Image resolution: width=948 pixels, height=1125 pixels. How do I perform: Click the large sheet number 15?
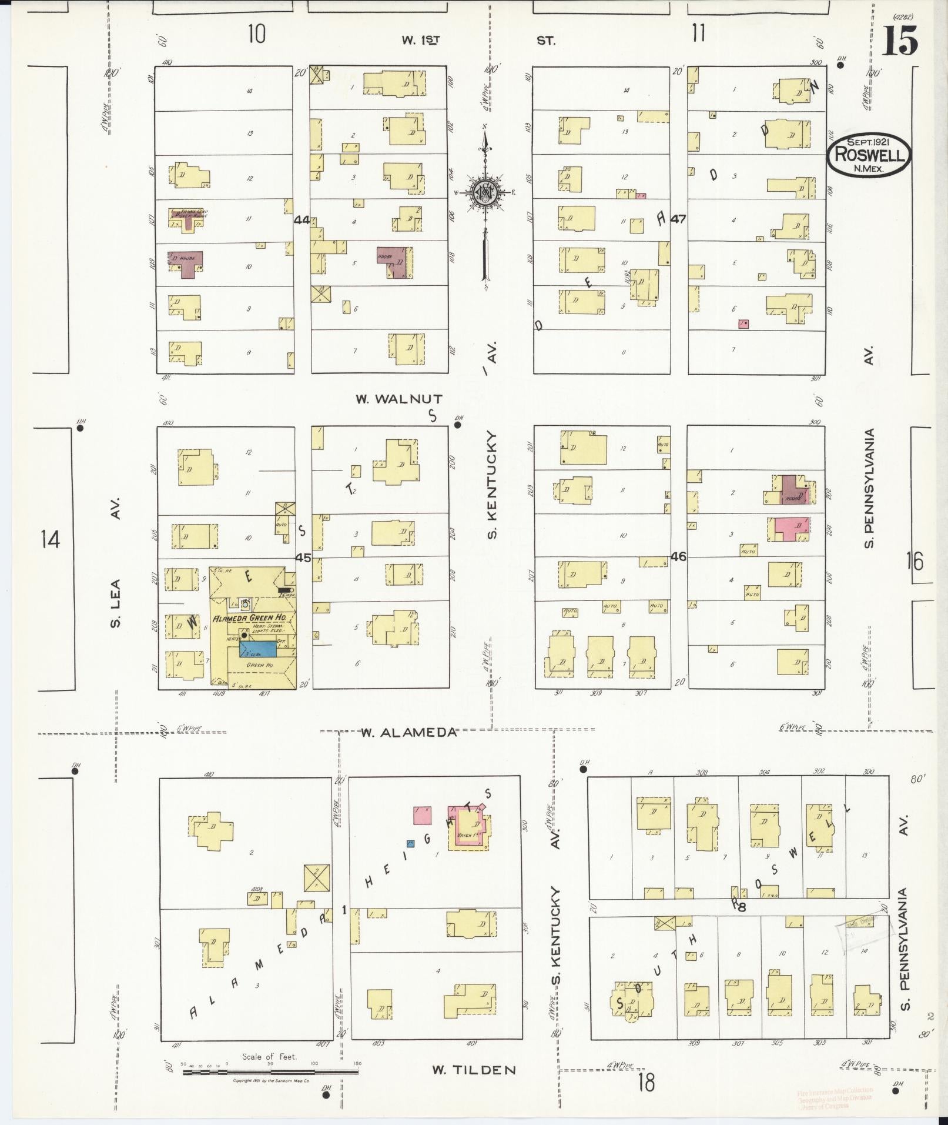[x=899, y=41]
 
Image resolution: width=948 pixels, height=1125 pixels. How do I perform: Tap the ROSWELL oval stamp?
[x=869, y=155]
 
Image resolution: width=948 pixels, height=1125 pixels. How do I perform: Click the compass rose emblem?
[x=485, y=192]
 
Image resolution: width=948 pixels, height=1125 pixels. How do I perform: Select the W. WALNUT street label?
[x=399, y=399]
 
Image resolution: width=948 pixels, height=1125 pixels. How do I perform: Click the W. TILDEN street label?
[x=474, y=1070]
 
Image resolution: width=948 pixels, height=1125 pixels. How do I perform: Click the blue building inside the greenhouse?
[x=259, y=649]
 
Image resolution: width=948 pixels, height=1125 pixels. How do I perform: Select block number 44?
[x=302, y=220]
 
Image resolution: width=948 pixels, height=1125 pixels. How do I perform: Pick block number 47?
[x=678, y=219]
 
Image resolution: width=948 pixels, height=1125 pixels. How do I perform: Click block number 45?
[x=303, y=558]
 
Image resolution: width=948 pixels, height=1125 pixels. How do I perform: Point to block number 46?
[x=678, y=556]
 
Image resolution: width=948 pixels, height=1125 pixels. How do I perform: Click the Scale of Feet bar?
[x=270, y=1072]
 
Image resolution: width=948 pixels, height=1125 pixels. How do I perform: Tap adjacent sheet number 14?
[x=51, y=538]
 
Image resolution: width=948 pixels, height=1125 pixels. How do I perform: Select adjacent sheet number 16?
[x=914, y=561]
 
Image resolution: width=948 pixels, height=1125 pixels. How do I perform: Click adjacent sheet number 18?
[x=646, y=1081]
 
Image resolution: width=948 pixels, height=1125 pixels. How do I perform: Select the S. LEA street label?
[x=116, y=603]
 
